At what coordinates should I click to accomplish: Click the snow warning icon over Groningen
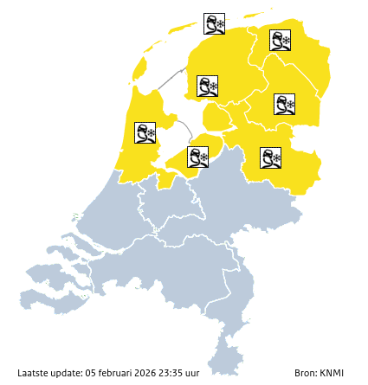click(280, 40)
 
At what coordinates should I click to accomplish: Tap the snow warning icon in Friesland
click(207, 87)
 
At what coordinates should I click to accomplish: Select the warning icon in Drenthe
click(285, 105)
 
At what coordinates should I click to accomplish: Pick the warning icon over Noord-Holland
click(145, 132)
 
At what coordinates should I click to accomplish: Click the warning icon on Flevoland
click(198, 157)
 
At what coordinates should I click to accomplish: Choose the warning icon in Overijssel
click(271, 157)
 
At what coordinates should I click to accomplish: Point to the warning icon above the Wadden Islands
click(214, 23)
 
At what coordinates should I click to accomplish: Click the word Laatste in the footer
click(33, 373)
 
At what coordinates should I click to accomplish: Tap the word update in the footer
click(67, 373)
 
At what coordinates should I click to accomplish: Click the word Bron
click(304, 373)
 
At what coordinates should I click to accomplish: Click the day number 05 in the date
click(91, 373)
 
